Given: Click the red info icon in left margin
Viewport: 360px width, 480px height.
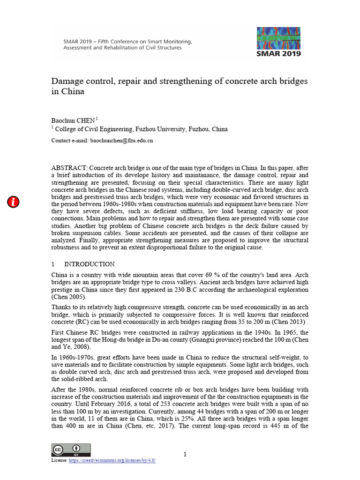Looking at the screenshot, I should click(x=14, y=202).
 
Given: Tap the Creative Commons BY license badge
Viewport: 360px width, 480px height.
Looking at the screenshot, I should click(x=71, y=450).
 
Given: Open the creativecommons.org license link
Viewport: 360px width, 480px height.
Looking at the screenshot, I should click(x=112, y=460).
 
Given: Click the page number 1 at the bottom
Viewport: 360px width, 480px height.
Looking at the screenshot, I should click(x=185, y=454).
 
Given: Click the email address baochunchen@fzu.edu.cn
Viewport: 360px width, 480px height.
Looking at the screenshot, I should click(x=122, y=140).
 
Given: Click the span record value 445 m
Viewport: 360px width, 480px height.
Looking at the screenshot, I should click(x=277, y=427).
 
